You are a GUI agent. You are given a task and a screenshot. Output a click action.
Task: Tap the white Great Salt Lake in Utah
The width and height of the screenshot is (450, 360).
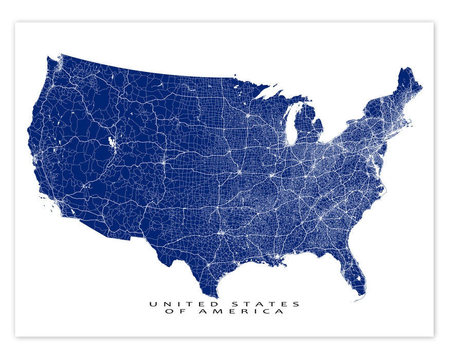111,141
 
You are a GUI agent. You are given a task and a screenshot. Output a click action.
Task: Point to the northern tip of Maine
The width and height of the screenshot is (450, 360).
406,68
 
